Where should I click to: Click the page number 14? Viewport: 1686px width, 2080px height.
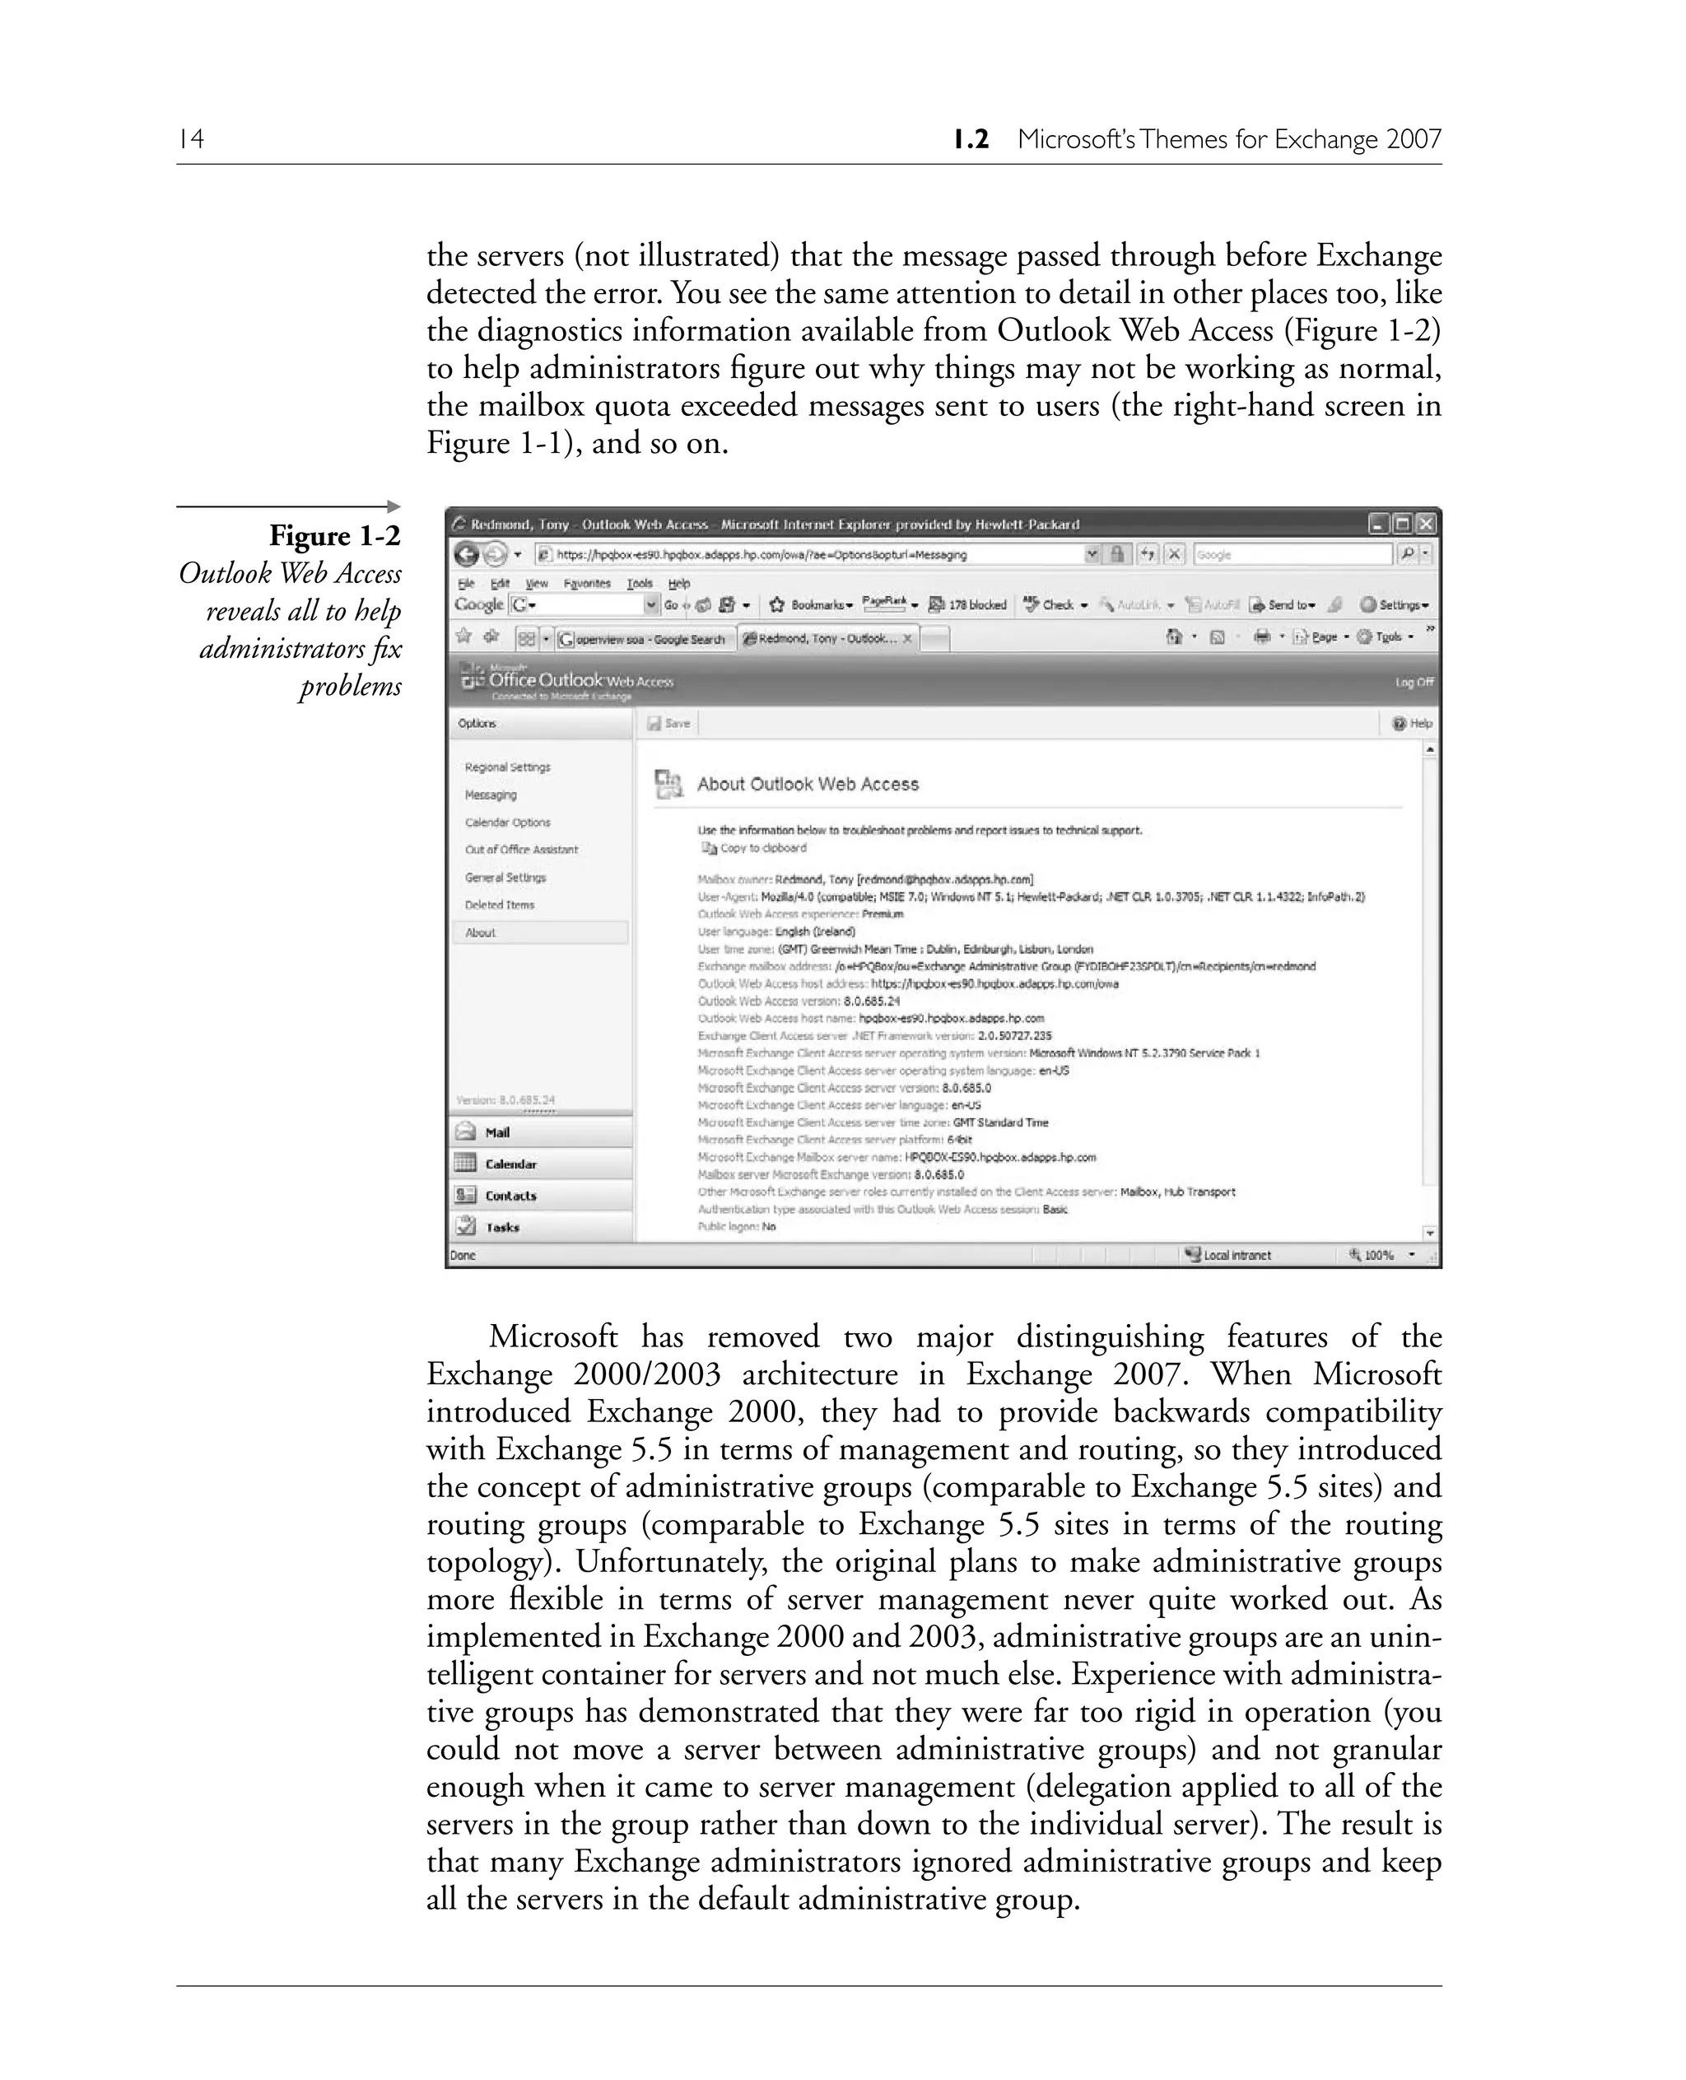point(191,139)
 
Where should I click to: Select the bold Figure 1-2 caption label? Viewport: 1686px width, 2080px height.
point(334,535)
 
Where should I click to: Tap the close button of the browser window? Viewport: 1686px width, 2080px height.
point(1425,525)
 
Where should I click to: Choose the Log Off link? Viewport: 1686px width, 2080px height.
point(1413,682)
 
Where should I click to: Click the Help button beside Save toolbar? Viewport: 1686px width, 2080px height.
point(1412,723)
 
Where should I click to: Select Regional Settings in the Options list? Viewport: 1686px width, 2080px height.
point(507,767)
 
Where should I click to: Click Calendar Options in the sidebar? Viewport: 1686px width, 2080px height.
point(507,822)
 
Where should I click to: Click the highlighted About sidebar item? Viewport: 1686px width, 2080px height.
point(481,933)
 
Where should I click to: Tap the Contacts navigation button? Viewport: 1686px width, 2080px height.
point(510,1196)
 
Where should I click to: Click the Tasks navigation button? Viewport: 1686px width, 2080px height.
point(502,1227)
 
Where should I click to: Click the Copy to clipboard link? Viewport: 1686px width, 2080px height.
point(761,848)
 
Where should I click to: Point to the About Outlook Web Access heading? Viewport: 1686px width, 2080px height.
point(807,784)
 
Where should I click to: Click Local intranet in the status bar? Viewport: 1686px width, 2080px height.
point(1236,1255)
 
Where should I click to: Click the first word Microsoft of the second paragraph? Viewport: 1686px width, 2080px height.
point(552,1336)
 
